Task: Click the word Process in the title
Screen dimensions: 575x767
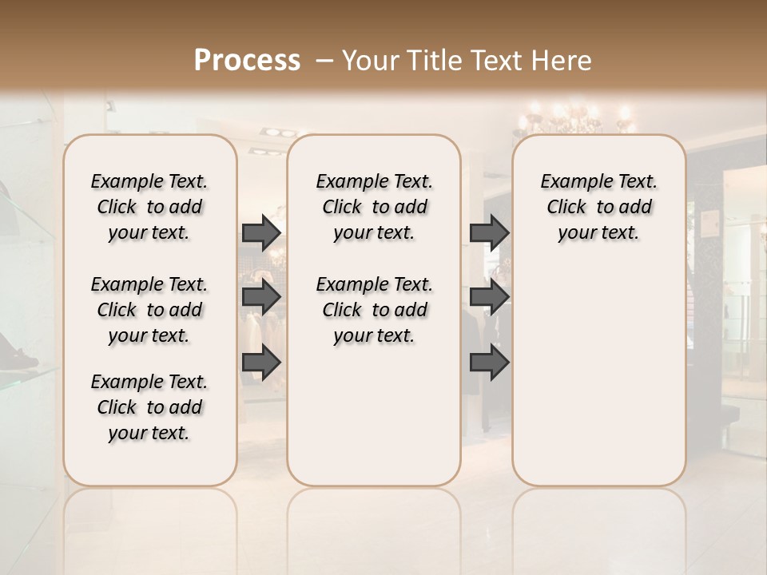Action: point(247,61)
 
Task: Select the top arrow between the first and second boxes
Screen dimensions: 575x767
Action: point(261,232)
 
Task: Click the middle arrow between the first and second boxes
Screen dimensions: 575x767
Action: point(261,298)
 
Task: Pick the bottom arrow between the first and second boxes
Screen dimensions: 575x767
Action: point(261,363)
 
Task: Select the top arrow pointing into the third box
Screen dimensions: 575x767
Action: point(489,232)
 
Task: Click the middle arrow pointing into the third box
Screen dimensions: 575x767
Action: point(489,298)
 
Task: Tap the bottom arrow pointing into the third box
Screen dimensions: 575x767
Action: point(489,363)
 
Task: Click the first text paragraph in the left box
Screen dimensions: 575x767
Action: point(149,207)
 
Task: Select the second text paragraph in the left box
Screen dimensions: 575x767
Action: point(149,310)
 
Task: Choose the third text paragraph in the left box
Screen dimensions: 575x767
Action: point(149,407)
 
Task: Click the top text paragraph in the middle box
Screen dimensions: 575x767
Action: point(374,207)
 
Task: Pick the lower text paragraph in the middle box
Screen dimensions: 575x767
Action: point(374,310)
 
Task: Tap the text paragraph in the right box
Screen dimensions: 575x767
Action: point(598,207)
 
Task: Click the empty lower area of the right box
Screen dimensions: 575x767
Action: point(598,375)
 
